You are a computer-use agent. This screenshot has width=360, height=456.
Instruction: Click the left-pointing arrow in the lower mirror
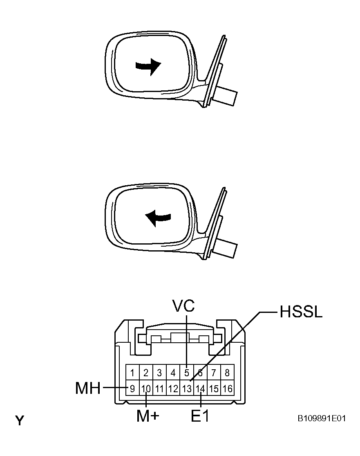click(x=158, y=218)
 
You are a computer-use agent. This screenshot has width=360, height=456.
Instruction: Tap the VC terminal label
click(x=183, y=305)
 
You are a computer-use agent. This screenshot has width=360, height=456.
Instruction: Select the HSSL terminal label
click(x=301, y=312)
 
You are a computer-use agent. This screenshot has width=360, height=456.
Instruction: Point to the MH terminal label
click(x=88, y=388)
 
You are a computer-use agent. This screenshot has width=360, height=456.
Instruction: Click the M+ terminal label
click(x=148, y=416)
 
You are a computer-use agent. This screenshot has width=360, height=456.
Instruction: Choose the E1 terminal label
click(x=200, y=416)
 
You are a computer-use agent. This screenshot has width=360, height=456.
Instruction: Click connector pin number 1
click(x=132, y=373)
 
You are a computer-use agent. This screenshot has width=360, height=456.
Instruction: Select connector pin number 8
click(x=227, y=373)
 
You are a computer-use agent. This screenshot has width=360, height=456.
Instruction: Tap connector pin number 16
click(x=227, y=388)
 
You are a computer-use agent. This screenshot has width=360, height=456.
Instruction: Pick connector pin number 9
click(x=132, y=388)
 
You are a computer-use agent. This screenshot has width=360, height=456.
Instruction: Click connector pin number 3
click(x=159, y=373)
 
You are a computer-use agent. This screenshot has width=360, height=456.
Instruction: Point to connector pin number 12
click(x=173, y=388)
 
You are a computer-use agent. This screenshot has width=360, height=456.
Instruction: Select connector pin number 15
click(x=214, y=388)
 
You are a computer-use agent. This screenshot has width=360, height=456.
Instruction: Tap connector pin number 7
click(x=214, y=373)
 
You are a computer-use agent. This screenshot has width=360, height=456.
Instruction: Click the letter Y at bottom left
click(x=20, y=420)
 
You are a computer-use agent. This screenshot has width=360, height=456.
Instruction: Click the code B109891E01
click(x=322, y=418)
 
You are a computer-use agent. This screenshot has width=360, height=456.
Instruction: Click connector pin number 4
click(x=173, y=373)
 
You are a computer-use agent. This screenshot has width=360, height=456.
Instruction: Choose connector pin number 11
click(x=159, y=388)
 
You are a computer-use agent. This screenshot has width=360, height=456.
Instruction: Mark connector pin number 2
click(x=146, y=373)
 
